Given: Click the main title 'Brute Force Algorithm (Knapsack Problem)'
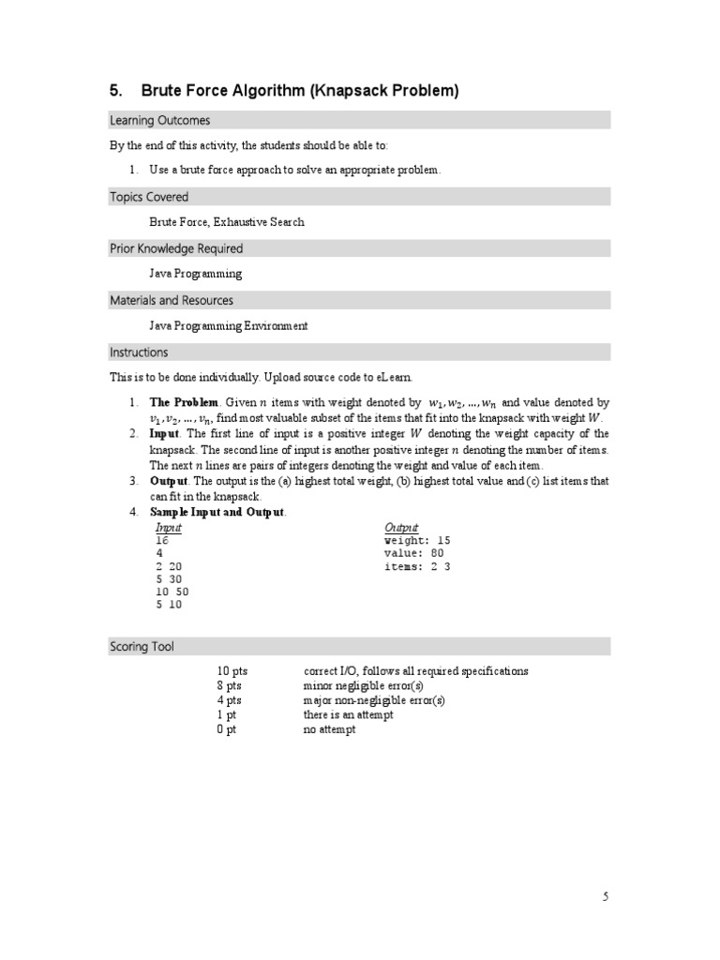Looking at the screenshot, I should (299, 91).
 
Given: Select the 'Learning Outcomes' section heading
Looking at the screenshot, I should (159, 120).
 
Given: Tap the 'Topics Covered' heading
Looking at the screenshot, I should (149, 197).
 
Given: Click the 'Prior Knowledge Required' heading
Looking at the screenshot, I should (176, 248).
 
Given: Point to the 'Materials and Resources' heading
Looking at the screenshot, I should (172, 300).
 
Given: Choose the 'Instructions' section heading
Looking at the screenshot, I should (139, 352).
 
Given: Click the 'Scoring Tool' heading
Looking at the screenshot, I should (142, 647).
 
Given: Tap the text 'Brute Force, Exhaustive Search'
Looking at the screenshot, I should (227, 222).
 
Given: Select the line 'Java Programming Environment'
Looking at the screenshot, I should (228, 326).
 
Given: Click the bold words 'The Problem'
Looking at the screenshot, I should (183, 402).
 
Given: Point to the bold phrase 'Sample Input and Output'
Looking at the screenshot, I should (217, 513).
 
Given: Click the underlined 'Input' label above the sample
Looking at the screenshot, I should (168, 528).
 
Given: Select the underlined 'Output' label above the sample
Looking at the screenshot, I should (400, 528).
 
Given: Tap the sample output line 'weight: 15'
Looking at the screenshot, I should (417, 541).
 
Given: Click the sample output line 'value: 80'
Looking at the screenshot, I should (413, 554).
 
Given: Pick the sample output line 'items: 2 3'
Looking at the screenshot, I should (417, 567).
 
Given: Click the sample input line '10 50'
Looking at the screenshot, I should (172, 592).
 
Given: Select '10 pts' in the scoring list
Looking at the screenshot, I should (232, 671).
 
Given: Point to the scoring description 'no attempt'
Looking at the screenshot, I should (329, 729).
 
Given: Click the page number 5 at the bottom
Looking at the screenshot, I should (606, 896).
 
